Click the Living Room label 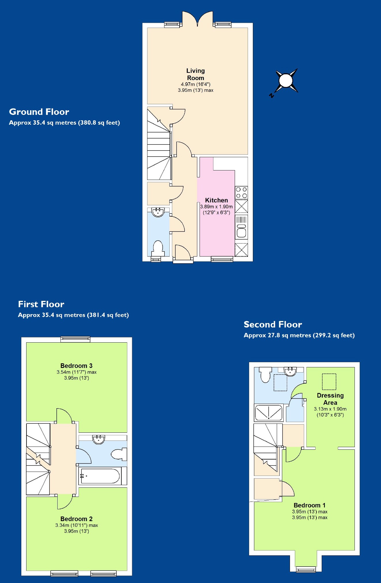pyautogui.click(x=196, y=74)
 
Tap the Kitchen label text pyautogui.click(x=216, y=200)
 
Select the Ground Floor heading pyautogui.click(x=39, y=112)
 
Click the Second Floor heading pyautogui.click(x=273, y=324)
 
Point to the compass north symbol pyautogui.click(x=286, y=81)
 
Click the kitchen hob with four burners pyautogui.click(x=241, y=193)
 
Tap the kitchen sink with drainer pyautogui.click(x=241, y=227)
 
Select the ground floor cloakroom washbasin pyautogui.click(x=158, y=212)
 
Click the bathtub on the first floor pyautogui.click(x=100, y=476)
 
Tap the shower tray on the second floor pyautogui.click(x=269, y=413)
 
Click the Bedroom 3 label pyautogui.click(x=76, y=366)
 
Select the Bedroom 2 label pyautogui.click(x=76, y=519)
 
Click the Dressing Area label pyautogui.click(x=330, y=399)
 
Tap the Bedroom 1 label pyautogui.click(x=310, y=505)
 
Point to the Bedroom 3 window pyautogui.click(x=75, y=339)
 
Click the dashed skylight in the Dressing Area pyautogui.click(x=329, y=381)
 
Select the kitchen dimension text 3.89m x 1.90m pyautogui.click(x=216, y=207)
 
